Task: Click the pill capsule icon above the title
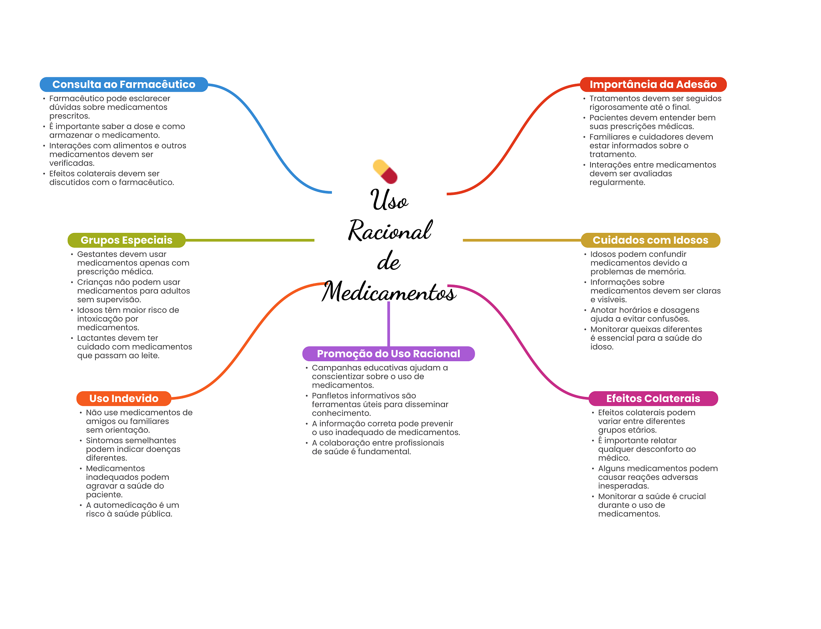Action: [385, 172]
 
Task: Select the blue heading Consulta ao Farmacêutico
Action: [124, 84]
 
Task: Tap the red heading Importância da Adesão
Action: [653, 84]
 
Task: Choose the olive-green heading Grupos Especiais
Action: [126, 240]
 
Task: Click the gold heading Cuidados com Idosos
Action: [650, 240]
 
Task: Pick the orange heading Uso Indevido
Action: [124, 398]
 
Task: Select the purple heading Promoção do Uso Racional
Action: [388, 354]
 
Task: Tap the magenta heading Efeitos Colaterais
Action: [653, 398]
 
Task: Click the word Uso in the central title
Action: [389, 199]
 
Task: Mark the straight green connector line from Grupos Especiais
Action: [250, 240]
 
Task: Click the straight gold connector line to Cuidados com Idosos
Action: [522, 240]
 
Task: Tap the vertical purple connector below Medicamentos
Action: [388, 324]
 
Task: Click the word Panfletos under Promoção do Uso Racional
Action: [330, 396]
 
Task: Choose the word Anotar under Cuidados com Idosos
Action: [603, 310]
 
